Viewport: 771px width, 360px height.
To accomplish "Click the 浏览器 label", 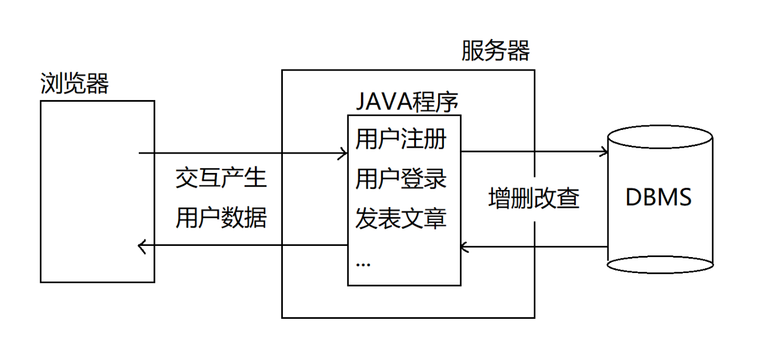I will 75,84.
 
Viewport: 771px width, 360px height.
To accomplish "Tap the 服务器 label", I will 495,52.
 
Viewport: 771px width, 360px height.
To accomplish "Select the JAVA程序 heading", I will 406,104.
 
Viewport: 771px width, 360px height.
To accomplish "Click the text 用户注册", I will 400,141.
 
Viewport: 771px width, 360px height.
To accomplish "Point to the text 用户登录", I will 400,179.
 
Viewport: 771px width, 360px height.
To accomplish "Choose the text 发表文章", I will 400,219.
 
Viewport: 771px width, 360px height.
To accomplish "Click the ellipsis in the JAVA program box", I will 363,264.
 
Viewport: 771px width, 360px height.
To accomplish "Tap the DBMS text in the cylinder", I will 659,198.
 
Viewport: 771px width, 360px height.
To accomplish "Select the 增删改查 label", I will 534,199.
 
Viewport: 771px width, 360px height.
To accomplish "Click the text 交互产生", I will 221,178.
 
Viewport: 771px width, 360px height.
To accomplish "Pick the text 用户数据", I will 221,218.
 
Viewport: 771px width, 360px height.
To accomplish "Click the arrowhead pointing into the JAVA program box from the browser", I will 343,154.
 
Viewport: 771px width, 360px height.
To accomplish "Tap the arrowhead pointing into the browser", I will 142,246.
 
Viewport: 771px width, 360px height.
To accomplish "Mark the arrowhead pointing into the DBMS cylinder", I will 603,152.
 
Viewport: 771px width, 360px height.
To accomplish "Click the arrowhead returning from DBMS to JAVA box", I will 465,248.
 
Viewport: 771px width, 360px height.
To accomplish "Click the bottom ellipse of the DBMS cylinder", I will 659,264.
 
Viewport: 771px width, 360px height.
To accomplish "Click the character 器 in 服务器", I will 518,52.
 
